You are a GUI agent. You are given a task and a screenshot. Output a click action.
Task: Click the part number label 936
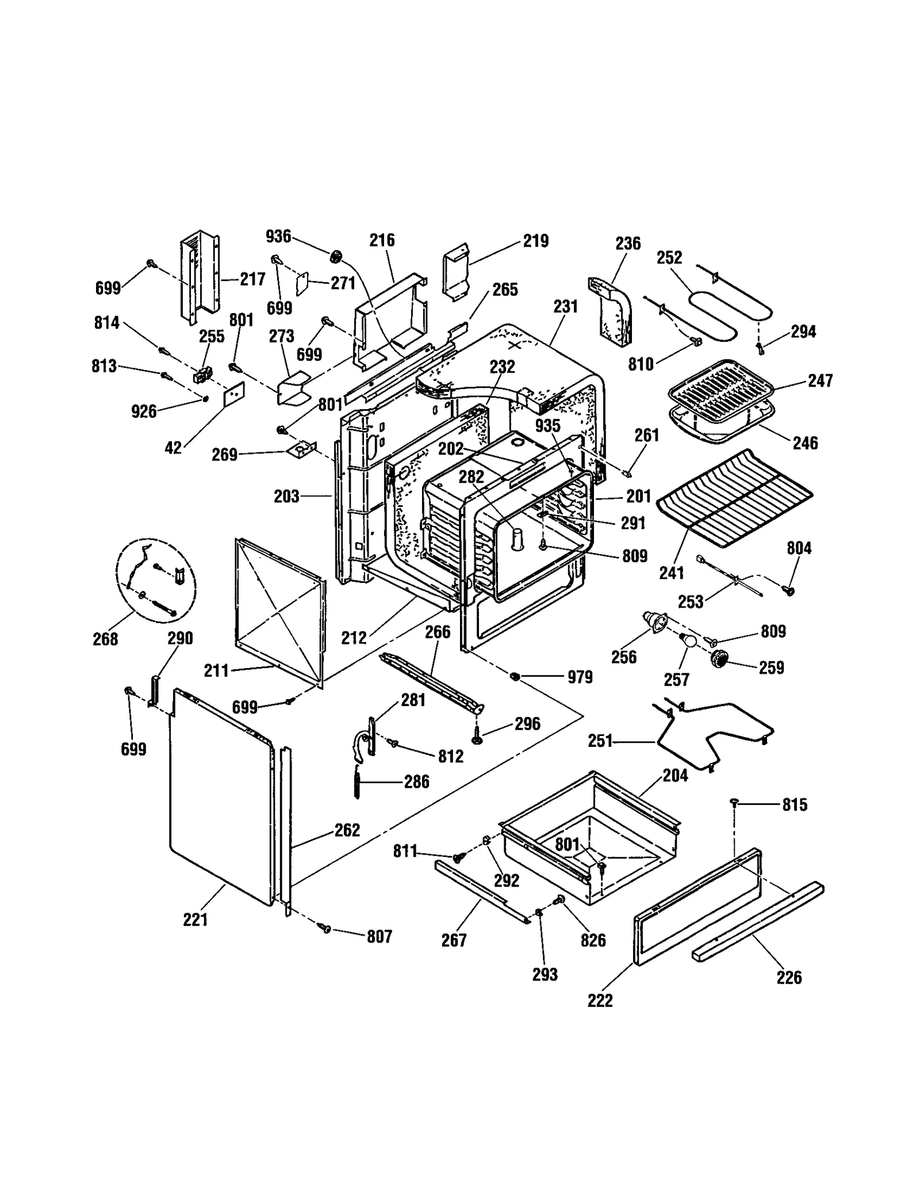(x=278, y=236)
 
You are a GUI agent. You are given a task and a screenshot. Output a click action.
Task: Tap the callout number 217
(x=252, y=279)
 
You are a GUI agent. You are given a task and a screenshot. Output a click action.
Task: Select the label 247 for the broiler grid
(x=820, y=380)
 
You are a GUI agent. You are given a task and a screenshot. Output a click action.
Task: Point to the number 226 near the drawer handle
(x=789, y=977)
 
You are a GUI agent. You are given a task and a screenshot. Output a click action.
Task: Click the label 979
(x=580, y=677)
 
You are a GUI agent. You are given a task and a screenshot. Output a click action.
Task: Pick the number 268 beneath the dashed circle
(x=105, y=639)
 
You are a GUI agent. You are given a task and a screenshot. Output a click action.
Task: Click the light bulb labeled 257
(x=688, y=640)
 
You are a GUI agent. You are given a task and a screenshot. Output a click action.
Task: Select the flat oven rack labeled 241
(x=736, y=498)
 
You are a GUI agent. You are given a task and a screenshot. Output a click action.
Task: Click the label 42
(x=173, y=447)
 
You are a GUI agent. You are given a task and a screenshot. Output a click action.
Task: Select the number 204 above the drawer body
(x=675, y=776)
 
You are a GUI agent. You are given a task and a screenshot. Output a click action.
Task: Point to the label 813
(x=104, y=366)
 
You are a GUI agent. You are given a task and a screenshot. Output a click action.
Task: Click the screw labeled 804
(x=790, y=590)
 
